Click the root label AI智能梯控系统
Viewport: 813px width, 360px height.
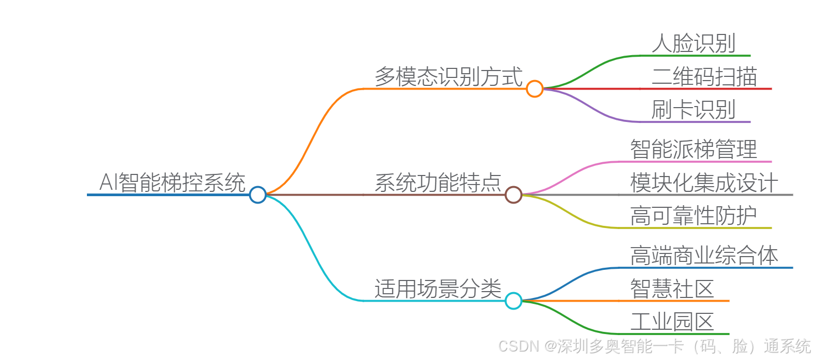pos(172,183)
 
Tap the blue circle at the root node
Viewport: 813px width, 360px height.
pos(258,195)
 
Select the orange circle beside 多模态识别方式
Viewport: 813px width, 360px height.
pos(535,89)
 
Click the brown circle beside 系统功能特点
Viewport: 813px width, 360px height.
pos(513,195)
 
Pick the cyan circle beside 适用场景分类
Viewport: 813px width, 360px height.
pos(513,301)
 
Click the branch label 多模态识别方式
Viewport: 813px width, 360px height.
pos(448,77)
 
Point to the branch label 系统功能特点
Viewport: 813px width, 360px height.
pos(438,183)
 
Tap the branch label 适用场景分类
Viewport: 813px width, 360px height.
pos(438,289)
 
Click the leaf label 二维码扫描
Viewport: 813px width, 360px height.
pos(704,77)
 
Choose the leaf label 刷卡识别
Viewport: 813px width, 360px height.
pos(693,110)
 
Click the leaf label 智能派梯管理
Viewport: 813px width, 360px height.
pos(693,150)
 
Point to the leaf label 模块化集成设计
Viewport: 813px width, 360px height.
pos(704,183)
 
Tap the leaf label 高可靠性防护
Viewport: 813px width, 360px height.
pos(693,216)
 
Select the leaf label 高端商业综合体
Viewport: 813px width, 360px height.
pos(704,256)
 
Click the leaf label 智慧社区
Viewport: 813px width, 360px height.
pos(672,289)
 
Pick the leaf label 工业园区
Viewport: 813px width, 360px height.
pos(672,322)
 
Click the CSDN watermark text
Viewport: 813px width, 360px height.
pos(655,346)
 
